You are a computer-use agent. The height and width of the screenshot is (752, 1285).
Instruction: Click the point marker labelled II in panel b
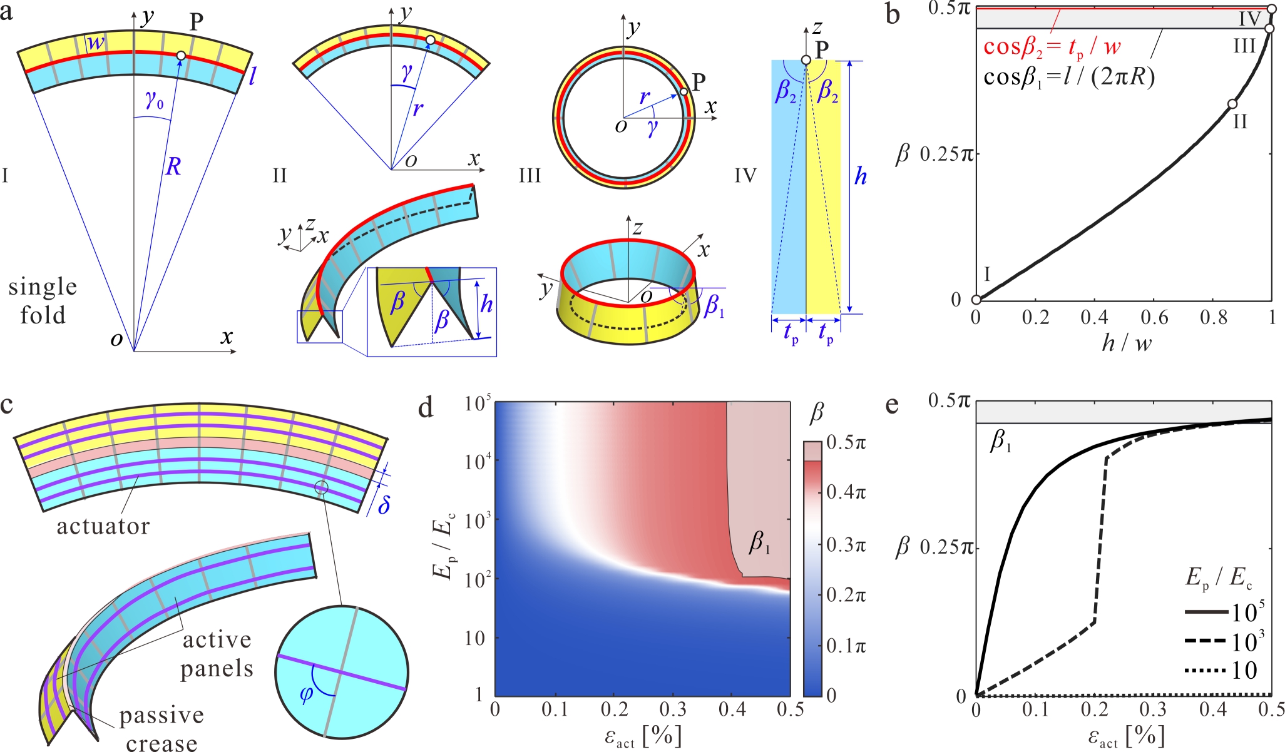[1232, 104]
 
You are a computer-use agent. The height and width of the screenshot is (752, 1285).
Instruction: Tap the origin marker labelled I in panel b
[976, 300]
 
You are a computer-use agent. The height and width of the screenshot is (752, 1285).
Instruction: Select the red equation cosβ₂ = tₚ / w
[1052, 48]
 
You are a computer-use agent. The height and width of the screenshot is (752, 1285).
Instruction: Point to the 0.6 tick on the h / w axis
[1154, 318]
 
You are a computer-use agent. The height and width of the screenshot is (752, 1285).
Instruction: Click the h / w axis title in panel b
[1127, 343]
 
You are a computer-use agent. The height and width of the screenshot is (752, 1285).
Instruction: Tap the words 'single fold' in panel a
[43, 301]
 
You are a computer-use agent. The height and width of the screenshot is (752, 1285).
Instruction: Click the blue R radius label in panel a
[173, 166]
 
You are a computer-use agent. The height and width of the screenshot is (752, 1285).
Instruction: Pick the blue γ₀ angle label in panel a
[154, 100]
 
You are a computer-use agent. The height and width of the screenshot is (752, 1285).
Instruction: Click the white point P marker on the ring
[683, 92]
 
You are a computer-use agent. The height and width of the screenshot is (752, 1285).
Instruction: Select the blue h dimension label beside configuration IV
[861, 177]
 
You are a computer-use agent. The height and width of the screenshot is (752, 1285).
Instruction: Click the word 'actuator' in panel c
[103, 527]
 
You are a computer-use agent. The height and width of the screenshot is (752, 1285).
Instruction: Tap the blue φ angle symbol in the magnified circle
[307, 694]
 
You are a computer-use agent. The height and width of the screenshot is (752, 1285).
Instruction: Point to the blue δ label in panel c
[384, 504]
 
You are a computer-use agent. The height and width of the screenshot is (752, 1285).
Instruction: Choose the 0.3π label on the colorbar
[846, 545]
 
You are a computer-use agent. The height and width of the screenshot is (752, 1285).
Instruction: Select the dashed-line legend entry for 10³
[1225, 642]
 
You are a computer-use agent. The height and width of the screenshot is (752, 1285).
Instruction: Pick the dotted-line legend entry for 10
[1221, 671]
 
